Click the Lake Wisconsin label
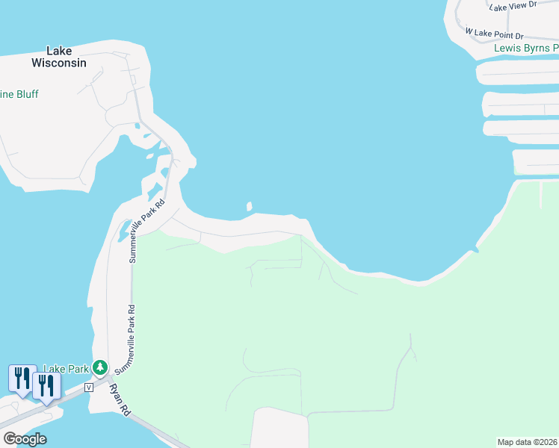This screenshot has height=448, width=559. click(x=59, y=57)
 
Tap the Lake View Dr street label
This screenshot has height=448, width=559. click(x=513, y=6)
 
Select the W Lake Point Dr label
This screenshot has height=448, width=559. click(x=494, y=34)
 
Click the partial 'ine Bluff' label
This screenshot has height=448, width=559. click(x=19, y=95)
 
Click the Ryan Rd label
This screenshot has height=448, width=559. click(x=120, y=399)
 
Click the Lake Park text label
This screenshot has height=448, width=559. click(x=66, y=368)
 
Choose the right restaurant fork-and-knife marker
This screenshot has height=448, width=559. click(x=46, y=385)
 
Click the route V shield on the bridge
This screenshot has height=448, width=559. click(x=89, y=387)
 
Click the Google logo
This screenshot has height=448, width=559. click(x=25, y=439)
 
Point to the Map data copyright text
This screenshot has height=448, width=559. click(x=528, y=442)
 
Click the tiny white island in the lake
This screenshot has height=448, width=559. click(x=250, y=206)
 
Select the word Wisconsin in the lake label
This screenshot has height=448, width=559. click(x=59, y=63)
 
